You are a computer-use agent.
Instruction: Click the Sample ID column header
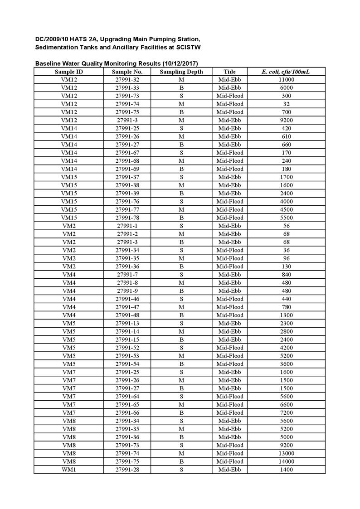[69, 72]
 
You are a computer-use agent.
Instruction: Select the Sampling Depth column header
[181, 72]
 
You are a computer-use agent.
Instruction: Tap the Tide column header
[230, 72]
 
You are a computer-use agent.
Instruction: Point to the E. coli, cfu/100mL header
[286, 72]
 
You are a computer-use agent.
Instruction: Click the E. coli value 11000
[286, 80]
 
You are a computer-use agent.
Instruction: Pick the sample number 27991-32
[127, 80]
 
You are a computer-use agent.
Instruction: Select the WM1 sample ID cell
[69, 470]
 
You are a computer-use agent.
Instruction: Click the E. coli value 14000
[286, 461]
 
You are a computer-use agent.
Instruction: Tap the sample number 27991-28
[127, 470]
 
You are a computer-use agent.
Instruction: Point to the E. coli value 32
[286, 104]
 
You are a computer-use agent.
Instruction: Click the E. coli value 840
[286, 275]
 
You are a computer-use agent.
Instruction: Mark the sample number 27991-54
[127, 364]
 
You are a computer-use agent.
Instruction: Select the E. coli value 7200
[286, 412]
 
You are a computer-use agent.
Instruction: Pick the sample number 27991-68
[127, 161]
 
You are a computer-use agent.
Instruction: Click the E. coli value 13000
[286, 453]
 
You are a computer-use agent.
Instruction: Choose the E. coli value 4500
[286, 209]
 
